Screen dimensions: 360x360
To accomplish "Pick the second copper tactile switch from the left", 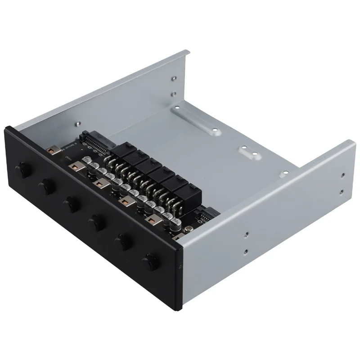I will click(74, 166).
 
